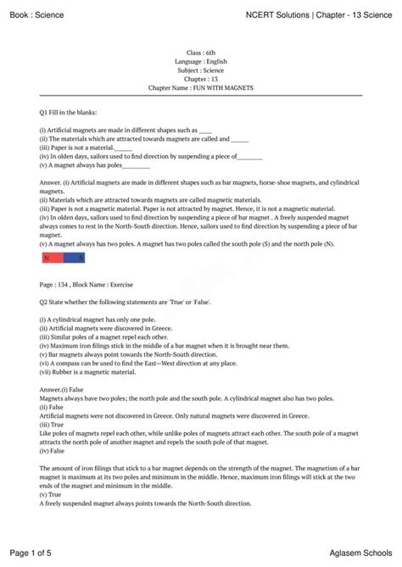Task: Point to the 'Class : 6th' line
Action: click(201, 53)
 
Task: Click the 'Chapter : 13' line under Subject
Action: click(201, 79)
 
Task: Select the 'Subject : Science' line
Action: click(201, 69)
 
